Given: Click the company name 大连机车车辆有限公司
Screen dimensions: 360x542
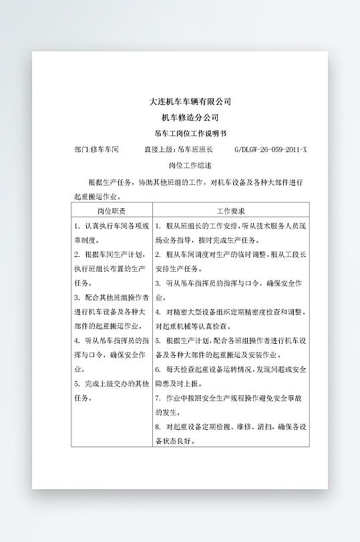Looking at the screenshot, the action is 190,101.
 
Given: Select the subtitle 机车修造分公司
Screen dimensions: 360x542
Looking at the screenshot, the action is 190,117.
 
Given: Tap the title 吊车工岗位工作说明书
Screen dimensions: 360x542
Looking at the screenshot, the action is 190,133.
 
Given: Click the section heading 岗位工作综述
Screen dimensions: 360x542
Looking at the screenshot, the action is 190,165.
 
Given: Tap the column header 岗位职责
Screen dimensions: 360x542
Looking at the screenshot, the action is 111,210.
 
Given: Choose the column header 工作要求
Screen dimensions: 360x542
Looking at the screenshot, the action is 231,210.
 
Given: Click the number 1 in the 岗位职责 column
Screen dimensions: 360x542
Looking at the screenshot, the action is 77,226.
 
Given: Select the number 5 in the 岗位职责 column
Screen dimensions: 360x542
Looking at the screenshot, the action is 77,384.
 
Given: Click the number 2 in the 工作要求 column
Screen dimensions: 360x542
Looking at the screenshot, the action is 158,255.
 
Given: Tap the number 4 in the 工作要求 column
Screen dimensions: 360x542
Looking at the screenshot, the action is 158,312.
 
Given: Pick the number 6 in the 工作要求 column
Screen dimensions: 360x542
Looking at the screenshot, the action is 158,369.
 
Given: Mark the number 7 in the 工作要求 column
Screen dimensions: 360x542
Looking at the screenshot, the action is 158,398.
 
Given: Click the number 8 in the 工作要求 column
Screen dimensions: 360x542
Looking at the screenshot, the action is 158,427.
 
